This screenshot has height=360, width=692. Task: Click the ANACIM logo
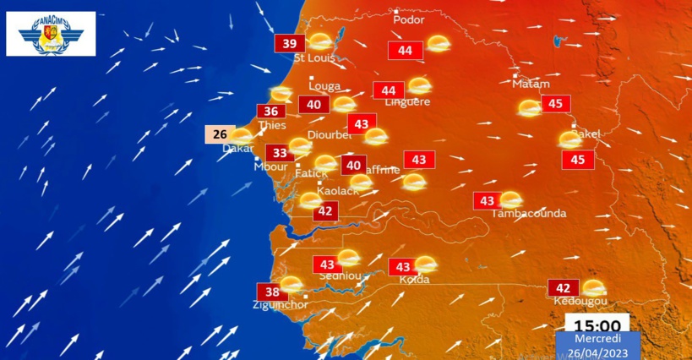[x=51, y=34]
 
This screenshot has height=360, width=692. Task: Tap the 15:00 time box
[x=597, y=325]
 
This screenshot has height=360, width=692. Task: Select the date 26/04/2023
[x=597, y=352]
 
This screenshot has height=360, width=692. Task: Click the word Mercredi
[x=597, y=338]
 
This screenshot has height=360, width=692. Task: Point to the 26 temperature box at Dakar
[x=220, y=134]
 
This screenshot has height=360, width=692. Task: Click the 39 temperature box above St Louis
[x=289, y=44]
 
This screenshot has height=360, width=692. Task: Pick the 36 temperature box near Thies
[x=271, y=112]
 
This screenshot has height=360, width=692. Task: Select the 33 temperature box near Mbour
[x=280, y=153]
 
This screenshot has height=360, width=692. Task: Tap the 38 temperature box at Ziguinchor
[x=272, y=292]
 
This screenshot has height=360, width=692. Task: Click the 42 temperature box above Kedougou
[x=564, y=287]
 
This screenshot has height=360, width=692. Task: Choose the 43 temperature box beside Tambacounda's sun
[x=487, y=201]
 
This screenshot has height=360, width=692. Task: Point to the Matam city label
[x=531, y=84]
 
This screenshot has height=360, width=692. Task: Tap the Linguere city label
[x=407, y=102]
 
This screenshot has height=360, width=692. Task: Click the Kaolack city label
[x=337, y=191]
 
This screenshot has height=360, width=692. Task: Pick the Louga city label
[x=324, y=85]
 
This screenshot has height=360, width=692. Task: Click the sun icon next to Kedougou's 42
[x=594, y=287]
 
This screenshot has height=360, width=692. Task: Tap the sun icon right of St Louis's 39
[x=320, y=41]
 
